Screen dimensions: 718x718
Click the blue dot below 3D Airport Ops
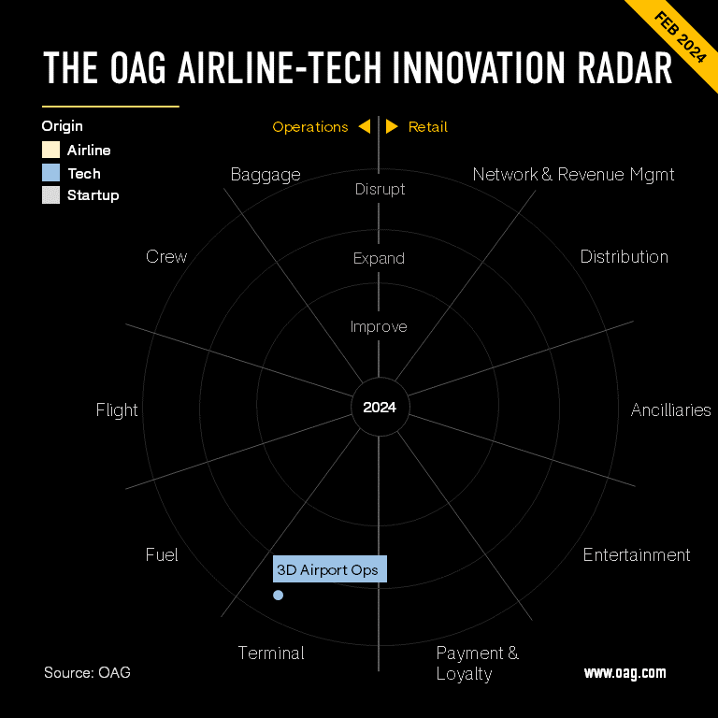(278, 595)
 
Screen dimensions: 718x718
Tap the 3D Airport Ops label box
(330, 570)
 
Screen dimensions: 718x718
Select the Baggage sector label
(266, 175)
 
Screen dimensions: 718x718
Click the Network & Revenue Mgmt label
(573, 175)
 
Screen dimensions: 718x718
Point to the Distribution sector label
(624, 257)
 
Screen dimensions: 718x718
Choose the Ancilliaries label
(670, 410)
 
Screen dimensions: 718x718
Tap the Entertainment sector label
(636, 555)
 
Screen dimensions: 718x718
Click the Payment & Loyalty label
(477, 663)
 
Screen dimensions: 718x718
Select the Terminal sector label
(271, 653)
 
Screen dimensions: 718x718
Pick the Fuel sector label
(162, 555)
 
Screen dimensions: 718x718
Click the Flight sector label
(117, 410)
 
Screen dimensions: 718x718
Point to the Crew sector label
(166, 257)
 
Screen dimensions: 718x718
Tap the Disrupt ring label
(380, 190)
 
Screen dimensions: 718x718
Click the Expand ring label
(379, 259)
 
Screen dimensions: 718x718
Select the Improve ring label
(379, 327)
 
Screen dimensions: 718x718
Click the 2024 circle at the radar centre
(380, 408)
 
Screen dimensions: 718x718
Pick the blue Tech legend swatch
(50, 173)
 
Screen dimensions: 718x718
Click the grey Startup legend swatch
(50, 195)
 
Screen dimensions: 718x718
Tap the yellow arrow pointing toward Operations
(364, 126)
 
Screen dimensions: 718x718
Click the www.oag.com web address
(625, 672)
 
